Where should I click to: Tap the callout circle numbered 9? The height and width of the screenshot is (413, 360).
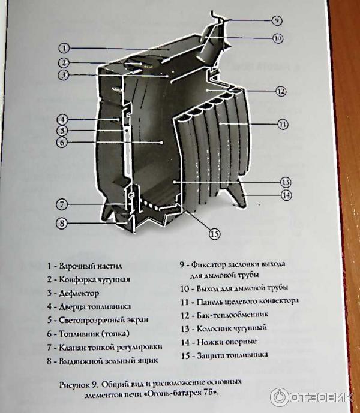tap(275, 20)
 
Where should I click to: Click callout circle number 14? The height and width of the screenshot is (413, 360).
tap(287, 194)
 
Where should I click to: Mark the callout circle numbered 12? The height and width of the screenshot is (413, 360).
tap(280, 91)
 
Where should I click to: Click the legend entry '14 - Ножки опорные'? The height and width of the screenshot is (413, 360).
tap(218, 342)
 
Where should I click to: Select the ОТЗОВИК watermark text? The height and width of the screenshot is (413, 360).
tap(321, 397)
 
